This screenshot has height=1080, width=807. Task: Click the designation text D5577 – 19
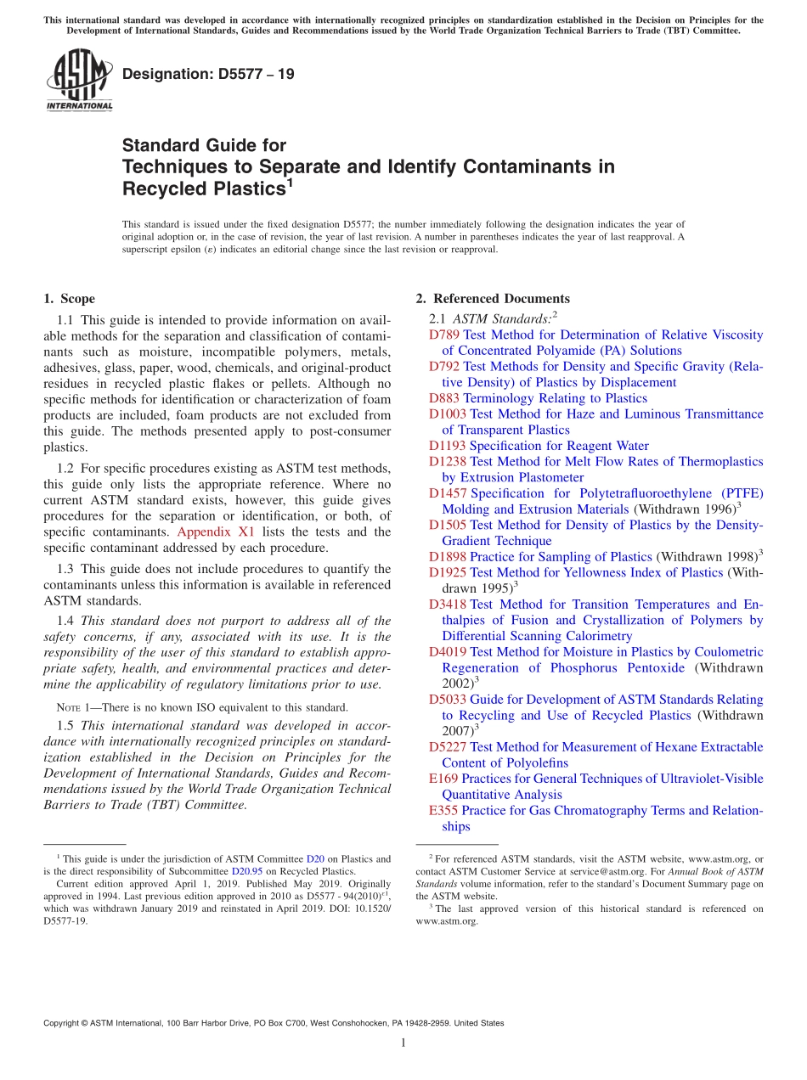point(208,74)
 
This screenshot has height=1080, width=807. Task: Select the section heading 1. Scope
point(69,299)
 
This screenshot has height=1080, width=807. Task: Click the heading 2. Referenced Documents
point(493,299)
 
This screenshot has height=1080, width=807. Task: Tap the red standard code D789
point(444,335)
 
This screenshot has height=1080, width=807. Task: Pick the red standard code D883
point(444,398)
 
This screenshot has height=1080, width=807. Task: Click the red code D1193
point(448,446)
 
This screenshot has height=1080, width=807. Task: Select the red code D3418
point(448,605)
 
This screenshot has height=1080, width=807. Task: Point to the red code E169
point(443,779)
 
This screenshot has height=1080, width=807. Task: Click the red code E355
point(443,811)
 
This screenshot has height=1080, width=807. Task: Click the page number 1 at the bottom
point(403,1043)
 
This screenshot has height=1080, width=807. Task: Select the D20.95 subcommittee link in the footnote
point(245,871)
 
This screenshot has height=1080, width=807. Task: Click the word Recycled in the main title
point(164,188)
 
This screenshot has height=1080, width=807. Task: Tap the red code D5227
point(448,747)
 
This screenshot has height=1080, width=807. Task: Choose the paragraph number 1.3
point(66,569)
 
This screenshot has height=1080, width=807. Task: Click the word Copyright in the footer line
point(65,1023)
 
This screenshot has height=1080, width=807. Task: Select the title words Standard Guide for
point(204,145)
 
